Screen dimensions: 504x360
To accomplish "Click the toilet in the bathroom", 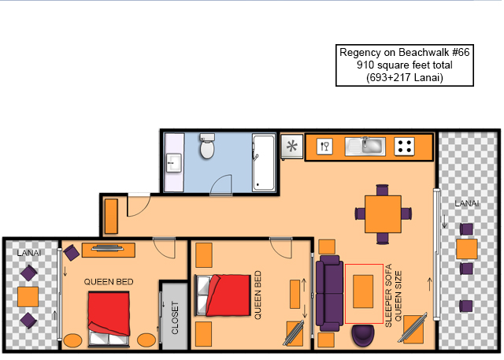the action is [x=207, y=147].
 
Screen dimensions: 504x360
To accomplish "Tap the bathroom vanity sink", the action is [x=173, y=163].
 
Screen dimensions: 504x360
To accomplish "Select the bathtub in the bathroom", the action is [x=264, y=162].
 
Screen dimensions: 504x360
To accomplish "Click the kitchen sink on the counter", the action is [x=365, y=147].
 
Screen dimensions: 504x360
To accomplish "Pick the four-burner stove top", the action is [x=404, y=147].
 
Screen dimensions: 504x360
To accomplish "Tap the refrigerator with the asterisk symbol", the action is [x=292, y=147].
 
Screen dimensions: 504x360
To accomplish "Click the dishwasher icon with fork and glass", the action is [x=324, y=147].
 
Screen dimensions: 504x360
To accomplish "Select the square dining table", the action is [x=383, y=214].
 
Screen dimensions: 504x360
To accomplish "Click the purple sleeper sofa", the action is [x=329, y=293].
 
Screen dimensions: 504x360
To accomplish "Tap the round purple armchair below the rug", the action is [x=363, y=336].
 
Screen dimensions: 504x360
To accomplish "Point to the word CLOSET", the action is [x=175, y=317].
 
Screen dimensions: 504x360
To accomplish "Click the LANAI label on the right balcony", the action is [x=467, y=203].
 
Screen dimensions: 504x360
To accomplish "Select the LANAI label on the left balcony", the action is [x=29, y=253].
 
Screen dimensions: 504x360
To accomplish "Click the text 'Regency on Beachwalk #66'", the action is [x=404, y=53].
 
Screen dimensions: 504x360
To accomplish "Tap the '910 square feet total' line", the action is [x=404, y=65].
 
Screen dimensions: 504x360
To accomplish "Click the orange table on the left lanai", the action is [x=28, y=297].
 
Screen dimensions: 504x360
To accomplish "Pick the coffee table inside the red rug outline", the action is [x=363, y=291].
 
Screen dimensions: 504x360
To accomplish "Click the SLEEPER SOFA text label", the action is [x=388, y=295].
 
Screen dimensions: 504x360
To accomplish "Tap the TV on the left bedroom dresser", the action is [x=108, y=248].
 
